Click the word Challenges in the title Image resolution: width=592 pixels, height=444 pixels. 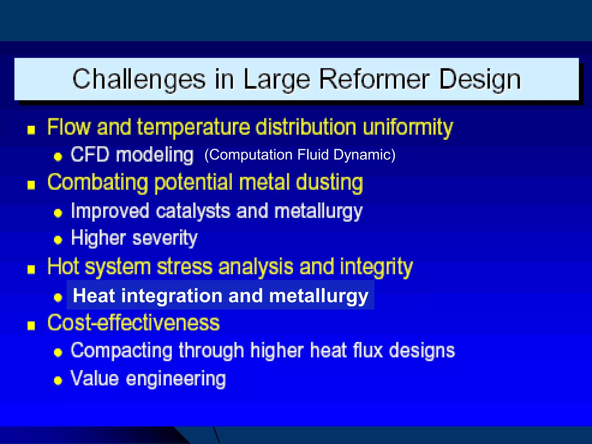139,79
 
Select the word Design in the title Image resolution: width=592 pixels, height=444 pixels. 480,79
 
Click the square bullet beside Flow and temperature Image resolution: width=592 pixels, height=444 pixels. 31,130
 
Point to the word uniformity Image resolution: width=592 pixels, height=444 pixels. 408,127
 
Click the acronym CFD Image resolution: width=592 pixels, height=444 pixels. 90,155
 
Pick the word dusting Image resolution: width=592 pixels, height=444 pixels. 330,183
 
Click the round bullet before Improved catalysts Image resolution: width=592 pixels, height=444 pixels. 58,213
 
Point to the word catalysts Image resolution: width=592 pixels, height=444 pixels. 193,211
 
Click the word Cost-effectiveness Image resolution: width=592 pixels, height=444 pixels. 134,323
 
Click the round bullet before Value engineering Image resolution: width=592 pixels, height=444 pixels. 58,380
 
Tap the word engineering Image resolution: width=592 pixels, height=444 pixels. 176,379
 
